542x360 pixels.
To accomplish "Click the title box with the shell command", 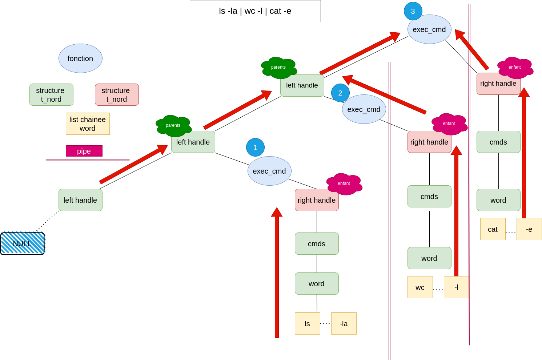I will point(255,11).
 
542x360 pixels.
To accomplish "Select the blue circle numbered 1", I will point(255,147).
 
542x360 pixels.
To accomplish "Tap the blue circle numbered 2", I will point(340,93).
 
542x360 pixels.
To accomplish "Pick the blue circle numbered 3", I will point(413,11).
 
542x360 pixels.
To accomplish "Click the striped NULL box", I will point(23,243).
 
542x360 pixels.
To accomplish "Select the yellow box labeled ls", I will point(308,323).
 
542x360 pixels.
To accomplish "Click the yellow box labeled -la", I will point(344,323).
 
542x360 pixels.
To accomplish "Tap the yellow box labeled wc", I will point(420,287).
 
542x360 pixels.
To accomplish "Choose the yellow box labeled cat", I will point(493,229).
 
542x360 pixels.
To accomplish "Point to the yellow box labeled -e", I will point(529,229).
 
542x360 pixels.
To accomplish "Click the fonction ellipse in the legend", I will point(80,58).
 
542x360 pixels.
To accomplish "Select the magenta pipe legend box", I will point(84,151).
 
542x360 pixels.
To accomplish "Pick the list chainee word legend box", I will point(88,124).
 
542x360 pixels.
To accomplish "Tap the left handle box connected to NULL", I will point(80,200).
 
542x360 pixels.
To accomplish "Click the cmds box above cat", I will point(498,142).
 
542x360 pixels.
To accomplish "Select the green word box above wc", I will point(429,258).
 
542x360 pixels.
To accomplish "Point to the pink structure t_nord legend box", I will point(117,94).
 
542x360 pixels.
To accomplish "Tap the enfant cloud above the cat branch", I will point(515,68).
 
